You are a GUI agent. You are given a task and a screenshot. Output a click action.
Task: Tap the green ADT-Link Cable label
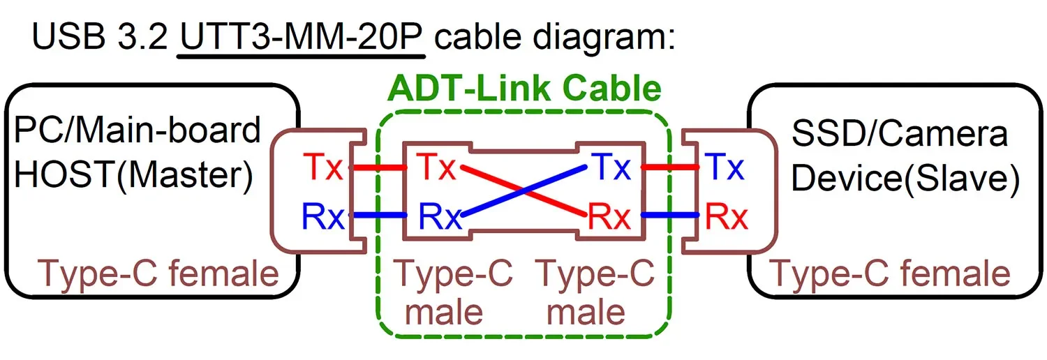pos(523,89)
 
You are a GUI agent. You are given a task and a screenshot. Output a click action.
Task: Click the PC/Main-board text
pos(137,130)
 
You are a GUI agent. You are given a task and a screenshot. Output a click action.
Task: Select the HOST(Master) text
pos(133,176)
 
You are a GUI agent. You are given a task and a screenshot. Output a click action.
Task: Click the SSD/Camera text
pos(900,133)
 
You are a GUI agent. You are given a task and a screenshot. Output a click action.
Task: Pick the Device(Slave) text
pos(905,179)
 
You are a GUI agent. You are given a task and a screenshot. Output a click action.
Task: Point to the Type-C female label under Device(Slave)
pos(889,273)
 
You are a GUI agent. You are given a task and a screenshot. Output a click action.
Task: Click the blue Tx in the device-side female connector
pos(726,167)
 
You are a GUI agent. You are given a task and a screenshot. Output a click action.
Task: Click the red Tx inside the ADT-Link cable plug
pos(436,168)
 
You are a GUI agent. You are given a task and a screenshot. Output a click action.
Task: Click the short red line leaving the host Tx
pos(377,168)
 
